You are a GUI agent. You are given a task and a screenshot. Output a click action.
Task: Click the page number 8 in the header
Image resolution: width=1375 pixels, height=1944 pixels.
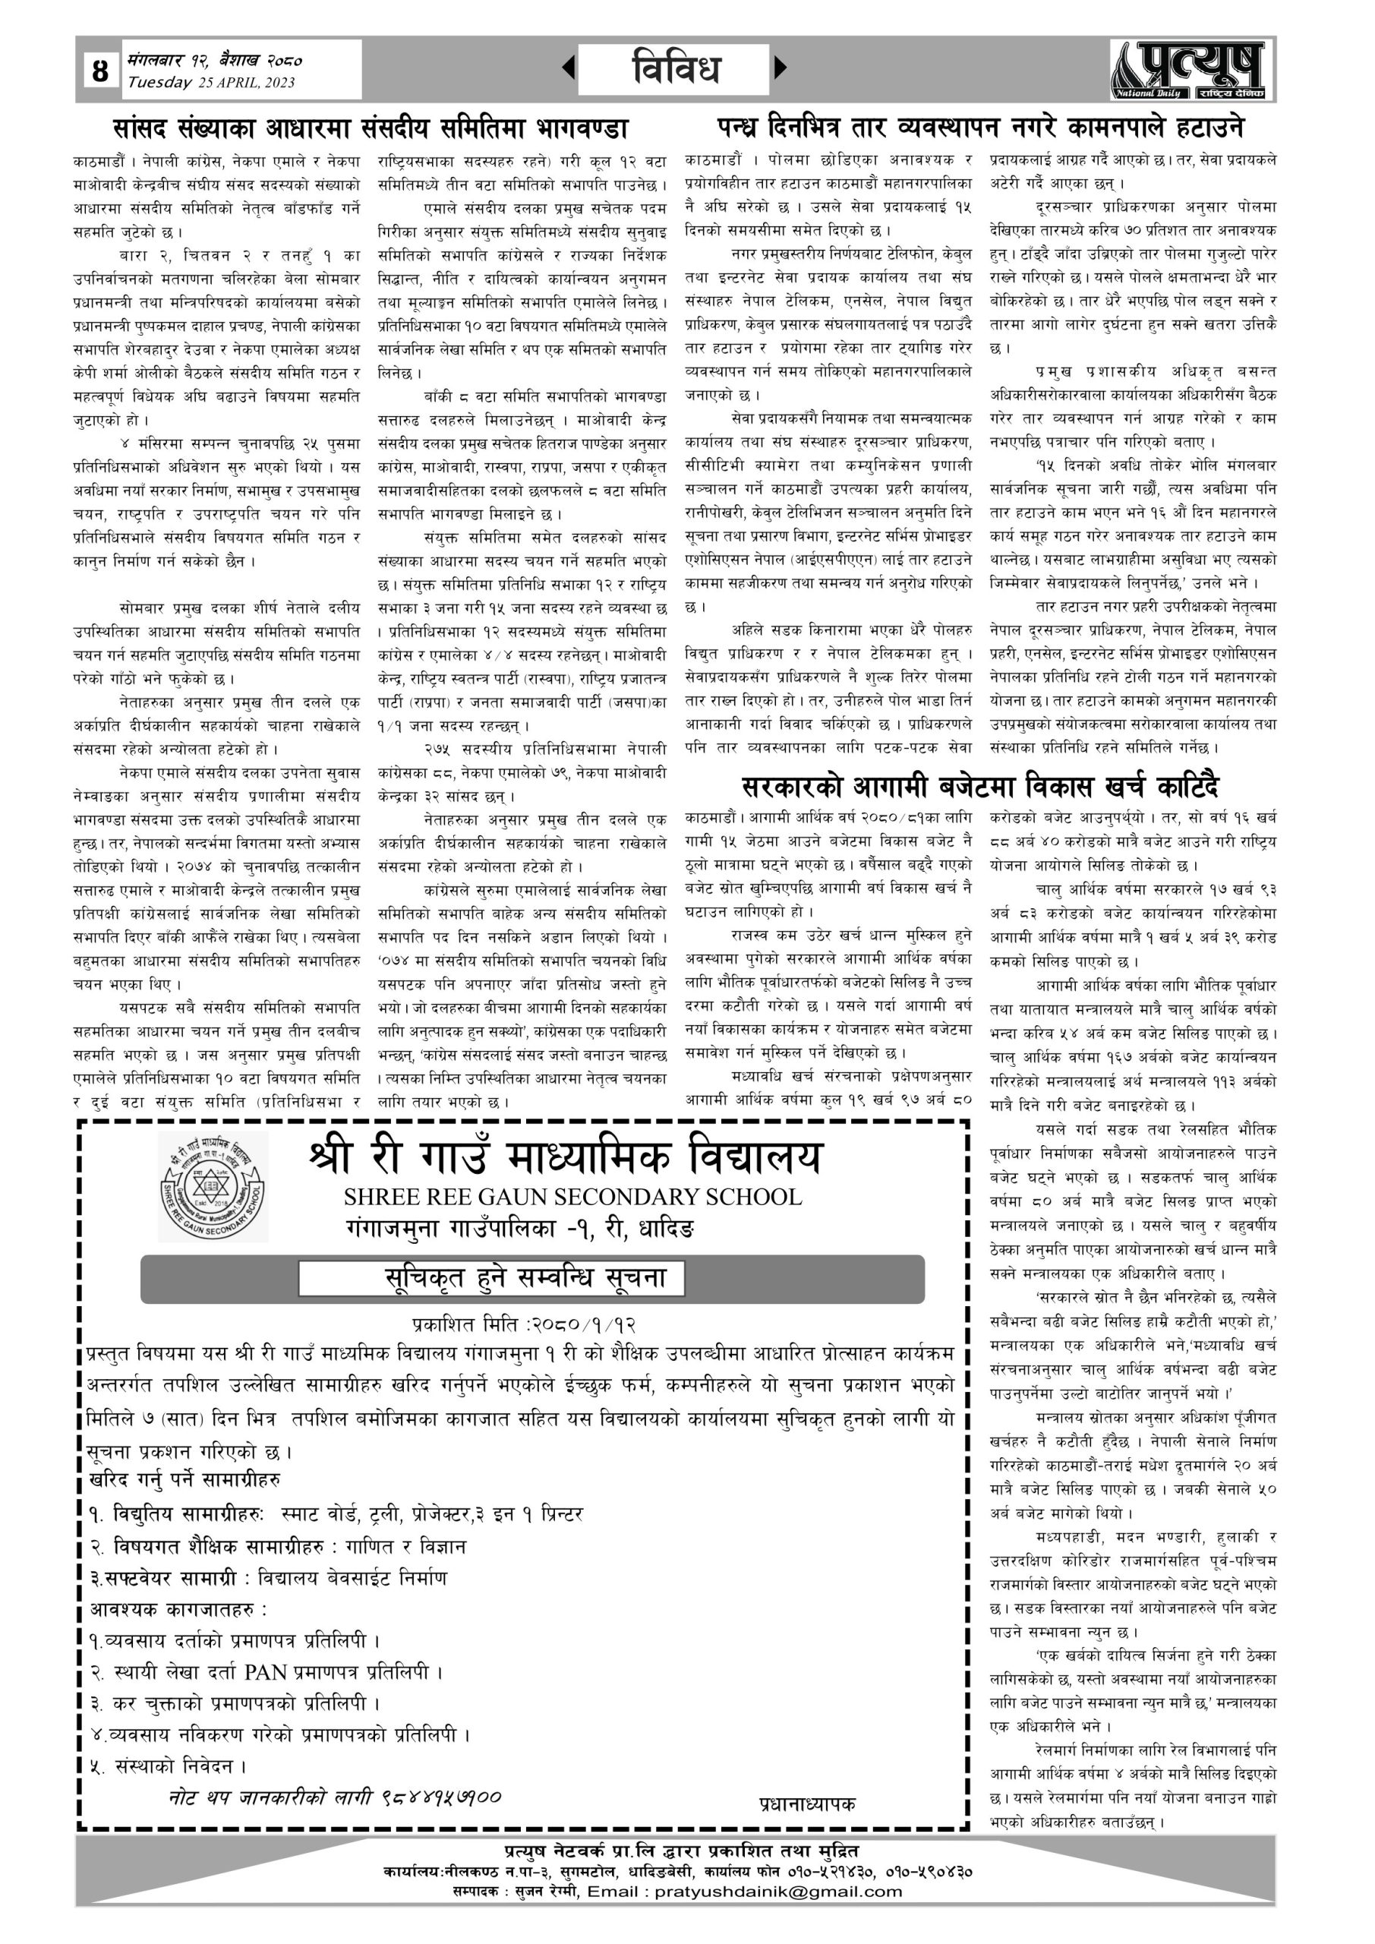(x=100, y=71)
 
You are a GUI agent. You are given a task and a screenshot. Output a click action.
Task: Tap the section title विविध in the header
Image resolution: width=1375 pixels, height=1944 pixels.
(x=675, y=68)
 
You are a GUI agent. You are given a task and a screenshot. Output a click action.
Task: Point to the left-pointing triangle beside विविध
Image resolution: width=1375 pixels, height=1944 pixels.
(x=569, y=67)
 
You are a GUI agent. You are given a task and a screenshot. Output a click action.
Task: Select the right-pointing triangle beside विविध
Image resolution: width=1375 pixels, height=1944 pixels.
(x=781, y=67)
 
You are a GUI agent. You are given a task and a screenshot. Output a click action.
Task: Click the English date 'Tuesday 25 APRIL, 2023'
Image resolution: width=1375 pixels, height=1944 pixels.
(x=211, y=83)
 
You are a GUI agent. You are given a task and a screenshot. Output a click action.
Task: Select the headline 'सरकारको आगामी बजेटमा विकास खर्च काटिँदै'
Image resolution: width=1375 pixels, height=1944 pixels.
(x=979, y=787)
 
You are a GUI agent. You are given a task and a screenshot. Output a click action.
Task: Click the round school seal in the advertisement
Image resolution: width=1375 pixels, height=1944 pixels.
(x=213, y=1188)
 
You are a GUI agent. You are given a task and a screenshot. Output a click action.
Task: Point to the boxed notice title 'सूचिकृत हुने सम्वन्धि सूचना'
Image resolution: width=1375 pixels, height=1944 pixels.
(x=524, y=1279)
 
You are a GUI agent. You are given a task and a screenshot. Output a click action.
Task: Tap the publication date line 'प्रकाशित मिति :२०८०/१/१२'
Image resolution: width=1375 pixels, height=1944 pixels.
(x=524, y=1324)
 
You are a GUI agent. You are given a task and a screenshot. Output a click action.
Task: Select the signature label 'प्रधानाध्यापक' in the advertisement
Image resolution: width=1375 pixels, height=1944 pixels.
(x=807, y=1804)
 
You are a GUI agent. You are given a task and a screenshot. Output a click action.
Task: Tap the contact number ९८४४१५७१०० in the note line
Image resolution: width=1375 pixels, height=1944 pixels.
(x=441, y=1796)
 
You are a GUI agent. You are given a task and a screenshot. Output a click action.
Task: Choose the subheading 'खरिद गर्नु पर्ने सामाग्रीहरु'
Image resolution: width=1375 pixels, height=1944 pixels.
(x=185, y=1479)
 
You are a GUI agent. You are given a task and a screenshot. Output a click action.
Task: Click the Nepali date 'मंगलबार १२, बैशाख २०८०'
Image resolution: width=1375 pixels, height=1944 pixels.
(x=215, y=61)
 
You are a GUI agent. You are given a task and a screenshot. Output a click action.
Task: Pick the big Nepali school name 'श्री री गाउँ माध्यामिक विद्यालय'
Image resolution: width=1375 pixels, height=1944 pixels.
(x=566, y=1157)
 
